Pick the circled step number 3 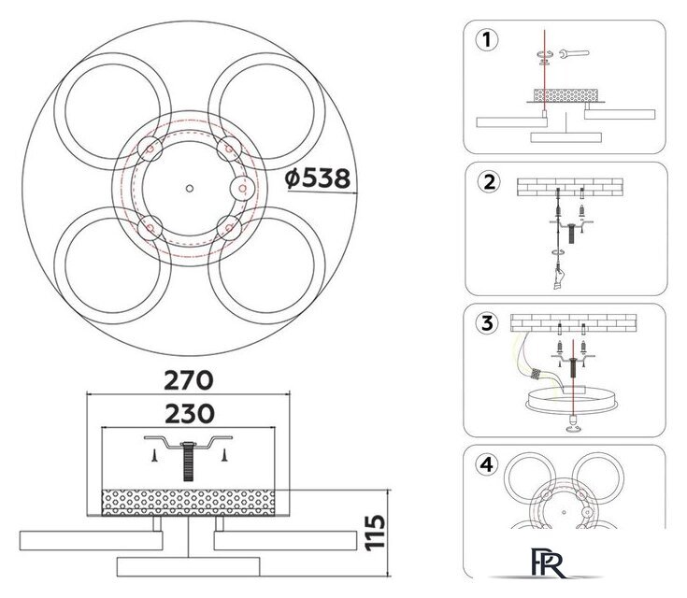coord(485,323)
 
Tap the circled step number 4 coord(484,465)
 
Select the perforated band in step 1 coord(564,95)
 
